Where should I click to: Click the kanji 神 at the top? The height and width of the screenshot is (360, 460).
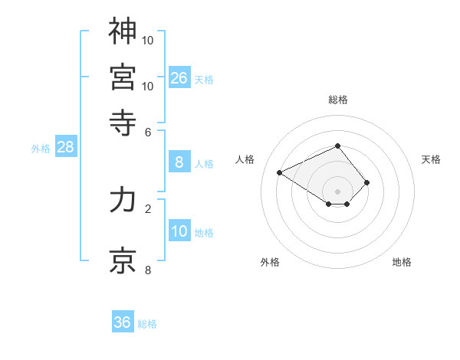point(123,32)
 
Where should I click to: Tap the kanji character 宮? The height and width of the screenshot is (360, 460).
point(123,77)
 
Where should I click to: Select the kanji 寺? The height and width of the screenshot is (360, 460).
point(123,120)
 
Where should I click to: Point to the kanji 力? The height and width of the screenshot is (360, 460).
point(123,201)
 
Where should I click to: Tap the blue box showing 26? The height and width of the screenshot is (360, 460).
point(179,78)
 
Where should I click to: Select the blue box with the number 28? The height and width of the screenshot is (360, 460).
point(65,148)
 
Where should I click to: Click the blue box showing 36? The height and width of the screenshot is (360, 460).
point(123,322)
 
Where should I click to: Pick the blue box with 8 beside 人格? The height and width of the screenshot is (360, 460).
point(179,162)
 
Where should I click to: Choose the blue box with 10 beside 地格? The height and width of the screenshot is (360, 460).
point(179,232)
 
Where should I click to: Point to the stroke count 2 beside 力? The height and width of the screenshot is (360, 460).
point(148,208)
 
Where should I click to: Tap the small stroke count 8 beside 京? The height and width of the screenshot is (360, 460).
point(148,269)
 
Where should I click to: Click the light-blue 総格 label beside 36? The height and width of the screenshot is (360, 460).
point(147,324)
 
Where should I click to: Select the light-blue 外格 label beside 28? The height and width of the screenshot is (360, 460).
point(41,149)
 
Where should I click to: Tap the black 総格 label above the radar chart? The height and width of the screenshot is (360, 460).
point(337,100)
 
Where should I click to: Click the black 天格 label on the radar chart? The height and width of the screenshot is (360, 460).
point(431,159)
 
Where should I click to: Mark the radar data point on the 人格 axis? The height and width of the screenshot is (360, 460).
point(280,172)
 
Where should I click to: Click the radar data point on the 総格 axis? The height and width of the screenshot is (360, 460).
point(337,146)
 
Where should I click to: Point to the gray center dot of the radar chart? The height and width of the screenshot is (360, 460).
point(337,191)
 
